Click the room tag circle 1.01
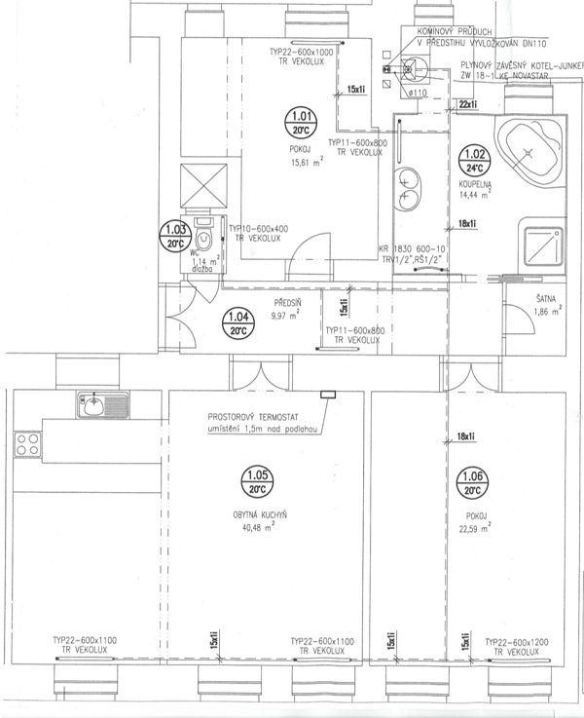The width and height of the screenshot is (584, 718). (299, 122)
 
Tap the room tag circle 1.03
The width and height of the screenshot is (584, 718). (173, 237)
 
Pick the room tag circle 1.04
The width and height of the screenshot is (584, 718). (237, 322)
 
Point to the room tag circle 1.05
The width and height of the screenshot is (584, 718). (258, 482)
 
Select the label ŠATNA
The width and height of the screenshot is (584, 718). (545, 299)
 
